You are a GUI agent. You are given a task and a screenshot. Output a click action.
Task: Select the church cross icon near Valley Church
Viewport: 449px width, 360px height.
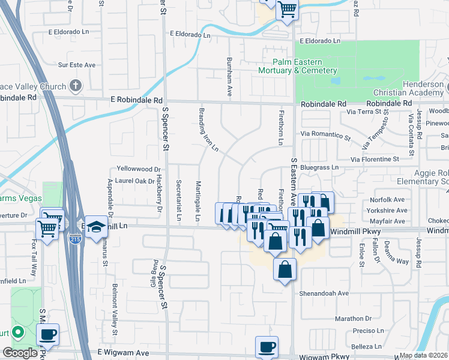coord(75,85)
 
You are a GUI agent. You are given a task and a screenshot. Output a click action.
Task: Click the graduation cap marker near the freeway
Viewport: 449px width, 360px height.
coord(96,227)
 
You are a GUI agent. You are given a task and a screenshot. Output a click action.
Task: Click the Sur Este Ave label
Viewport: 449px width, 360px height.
coord(77,65)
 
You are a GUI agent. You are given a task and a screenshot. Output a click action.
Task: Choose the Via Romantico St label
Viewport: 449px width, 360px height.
coord(328,137)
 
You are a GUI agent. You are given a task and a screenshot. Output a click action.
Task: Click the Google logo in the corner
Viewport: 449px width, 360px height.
coord(19,353)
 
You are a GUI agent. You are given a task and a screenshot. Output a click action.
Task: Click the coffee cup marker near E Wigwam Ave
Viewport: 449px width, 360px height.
coord(267,347)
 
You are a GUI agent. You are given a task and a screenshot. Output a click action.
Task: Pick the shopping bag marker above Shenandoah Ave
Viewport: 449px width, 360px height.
coord(285,269)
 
